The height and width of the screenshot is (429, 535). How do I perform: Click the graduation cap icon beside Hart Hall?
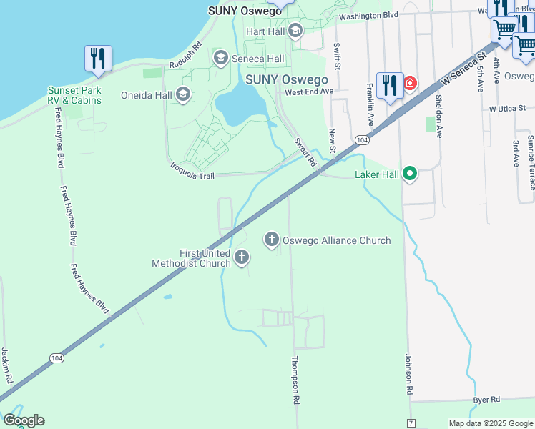click(x=295, y=31)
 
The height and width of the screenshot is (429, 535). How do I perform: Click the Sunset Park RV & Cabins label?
click(x=74, y=95)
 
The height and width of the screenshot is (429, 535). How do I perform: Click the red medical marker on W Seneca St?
click(x=409, y=84)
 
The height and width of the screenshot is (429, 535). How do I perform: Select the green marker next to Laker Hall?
click(x=410, y=174)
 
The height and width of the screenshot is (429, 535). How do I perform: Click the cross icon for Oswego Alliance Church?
click(x=272, y=240)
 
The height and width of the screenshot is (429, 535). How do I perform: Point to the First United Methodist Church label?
click(x=191, y=258)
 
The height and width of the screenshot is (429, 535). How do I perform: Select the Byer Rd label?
click(x=486, y=399)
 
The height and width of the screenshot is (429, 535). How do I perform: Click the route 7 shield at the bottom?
click(x=411, y=424)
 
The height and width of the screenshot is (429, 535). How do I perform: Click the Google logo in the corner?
click(x=24, y=420)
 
